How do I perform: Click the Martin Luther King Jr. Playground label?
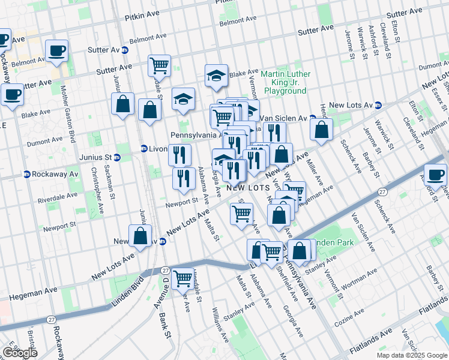point(285,82)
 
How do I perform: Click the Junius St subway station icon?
point(117,158)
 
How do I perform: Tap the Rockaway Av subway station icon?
point(27,175)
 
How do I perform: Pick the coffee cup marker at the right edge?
point(435,175)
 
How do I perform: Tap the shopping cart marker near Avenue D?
point(182,278)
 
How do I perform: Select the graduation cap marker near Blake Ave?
point(216,75)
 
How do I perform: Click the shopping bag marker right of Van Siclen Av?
point(322,130)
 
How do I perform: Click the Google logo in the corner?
point(19,352)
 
